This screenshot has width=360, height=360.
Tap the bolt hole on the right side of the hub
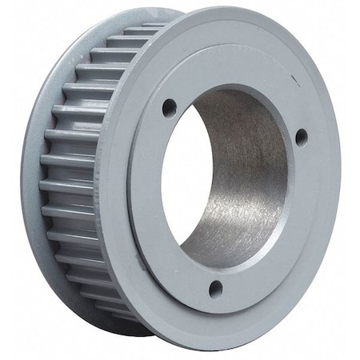301,136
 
